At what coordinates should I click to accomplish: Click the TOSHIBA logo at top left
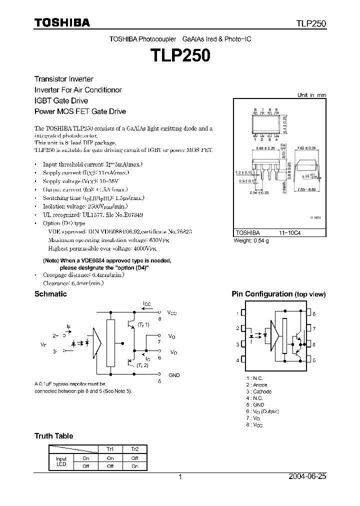point(62,22)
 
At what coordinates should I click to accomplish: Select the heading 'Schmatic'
point(50,294)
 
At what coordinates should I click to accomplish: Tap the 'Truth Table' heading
point(53,436)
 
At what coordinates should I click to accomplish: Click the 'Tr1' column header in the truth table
point(110,449)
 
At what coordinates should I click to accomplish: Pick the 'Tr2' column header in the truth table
point(135,449)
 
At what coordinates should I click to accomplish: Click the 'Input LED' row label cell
point(61,462)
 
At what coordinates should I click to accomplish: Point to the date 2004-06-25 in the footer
point(308,477)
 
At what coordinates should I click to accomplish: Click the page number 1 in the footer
point(180,477)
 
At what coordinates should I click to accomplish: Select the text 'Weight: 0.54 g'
point(251,241)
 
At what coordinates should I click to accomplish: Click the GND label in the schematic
point(174,375)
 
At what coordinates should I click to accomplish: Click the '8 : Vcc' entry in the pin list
point(254,424)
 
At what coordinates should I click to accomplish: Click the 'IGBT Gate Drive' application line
point(61,100)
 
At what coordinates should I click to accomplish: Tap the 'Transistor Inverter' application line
point(63,79)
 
